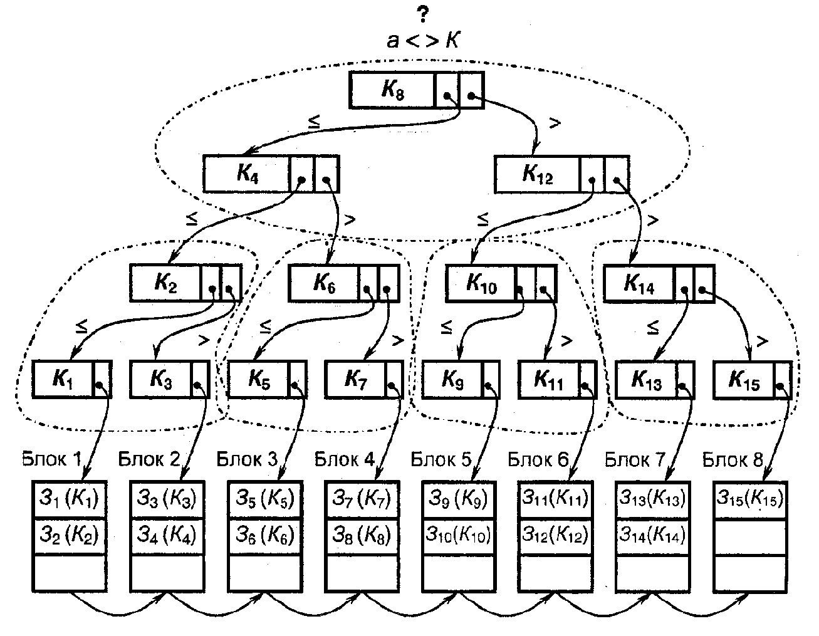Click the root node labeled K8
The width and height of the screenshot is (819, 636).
coord(392,91)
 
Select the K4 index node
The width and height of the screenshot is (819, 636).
coord(247,174)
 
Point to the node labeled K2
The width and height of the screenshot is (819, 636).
coord(165,284)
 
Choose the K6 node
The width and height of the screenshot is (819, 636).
coord(324,284)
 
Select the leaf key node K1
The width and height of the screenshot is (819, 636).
coord(63,379)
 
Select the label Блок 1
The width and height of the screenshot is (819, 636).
coord(51,459)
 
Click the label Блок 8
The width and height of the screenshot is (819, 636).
coord(733,461)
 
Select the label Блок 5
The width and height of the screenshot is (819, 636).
coord(441,459)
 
